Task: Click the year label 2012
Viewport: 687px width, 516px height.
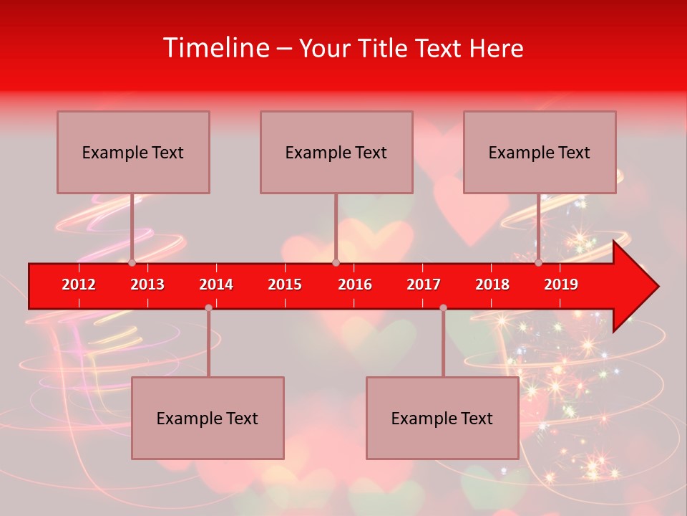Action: (x=79, y=285)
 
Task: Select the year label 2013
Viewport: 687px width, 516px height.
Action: (x=147, y=285)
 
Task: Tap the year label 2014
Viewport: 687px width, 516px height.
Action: (x=216, y=285)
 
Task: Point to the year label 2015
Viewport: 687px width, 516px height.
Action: (x=285, y=285)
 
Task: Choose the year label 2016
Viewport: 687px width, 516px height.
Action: (x=355, y=285)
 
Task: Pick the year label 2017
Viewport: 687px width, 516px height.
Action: (x=424, y=285)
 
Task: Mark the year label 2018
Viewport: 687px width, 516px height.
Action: (x=492, y=285)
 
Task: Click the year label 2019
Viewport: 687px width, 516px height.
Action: (x=561, y=285)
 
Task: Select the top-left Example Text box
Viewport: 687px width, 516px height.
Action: (x=133, y=152)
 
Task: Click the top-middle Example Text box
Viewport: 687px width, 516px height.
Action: (x=336, y=152)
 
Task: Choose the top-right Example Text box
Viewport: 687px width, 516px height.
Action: (x=540, y=152)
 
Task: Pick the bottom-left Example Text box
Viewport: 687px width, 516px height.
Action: (x=208, y=418)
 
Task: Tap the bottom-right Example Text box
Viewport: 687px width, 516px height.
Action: (x=442, y=418)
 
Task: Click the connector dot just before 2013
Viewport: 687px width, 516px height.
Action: (x=132, y=262)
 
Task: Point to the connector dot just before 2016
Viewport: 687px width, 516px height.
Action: (x=336, y=262)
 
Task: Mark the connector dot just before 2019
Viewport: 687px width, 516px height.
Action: (x=538, y=262)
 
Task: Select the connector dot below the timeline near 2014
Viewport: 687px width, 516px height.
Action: (x=208, y=307)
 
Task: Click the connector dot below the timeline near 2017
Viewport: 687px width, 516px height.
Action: (x=443, y=307)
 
